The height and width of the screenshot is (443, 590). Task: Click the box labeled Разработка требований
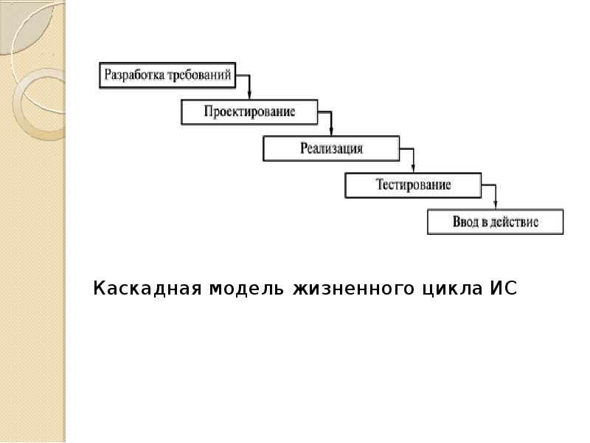click(x=167, y=75)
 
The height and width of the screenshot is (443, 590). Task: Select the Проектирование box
click(x=249, y=112)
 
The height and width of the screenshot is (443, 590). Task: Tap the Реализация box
click(x=331, y=149)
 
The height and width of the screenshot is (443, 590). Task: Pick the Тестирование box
click(x=413, y=185)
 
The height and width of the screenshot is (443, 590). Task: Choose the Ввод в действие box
click(x=495, y=222)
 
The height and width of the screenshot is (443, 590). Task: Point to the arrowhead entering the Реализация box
click(x=331, y=133)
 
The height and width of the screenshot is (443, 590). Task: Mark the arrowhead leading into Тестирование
click(x=413, y=169)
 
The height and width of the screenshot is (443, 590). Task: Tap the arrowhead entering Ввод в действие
click(x=495, y=206)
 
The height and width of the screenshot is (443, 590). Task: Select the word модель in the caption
click(x=240, y=288)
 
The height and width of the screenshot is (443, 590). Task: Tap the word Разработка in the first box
click(x=136, y=75)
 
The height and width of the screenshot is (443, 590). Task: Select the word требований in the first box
click(x=201, y=75)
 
